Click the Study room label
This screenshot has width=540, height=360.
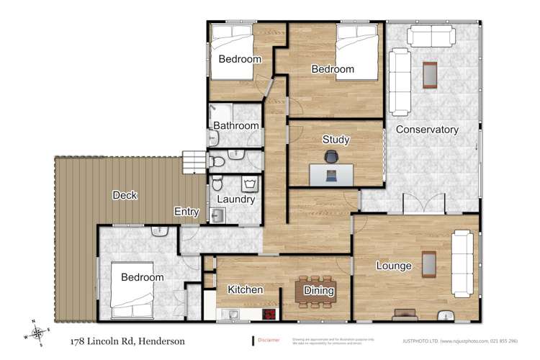click(x=336, y=139)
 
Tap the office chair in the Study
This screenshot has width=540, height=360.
click(x=331, y=156)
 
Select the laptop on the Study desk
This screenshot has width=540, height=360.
click(x=331, y=175)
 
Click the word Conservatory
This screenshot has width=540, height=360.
click(x=427, y=130)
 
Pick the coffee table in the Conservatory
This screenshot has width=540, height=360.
click(x=430, y=74)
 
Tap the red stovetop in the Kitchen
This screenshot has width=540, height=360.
click(x=269, y=314)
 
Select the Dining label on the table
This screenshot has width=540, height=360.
click(x=319, y=291)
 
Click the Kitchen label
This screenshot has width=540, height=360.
click(x=246, y=289)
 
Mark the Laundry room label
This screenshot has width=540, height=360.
click(x=235, y=199)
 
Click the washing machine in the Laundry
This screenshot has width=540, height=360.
click(x=219, y=214)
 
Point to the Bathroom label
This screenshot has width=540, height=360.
click(x=235, y=126)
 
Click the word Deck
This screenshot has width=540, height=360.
click(x=125, y=195)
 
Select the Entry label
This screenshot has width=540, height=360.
click(x=187, y=212)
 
